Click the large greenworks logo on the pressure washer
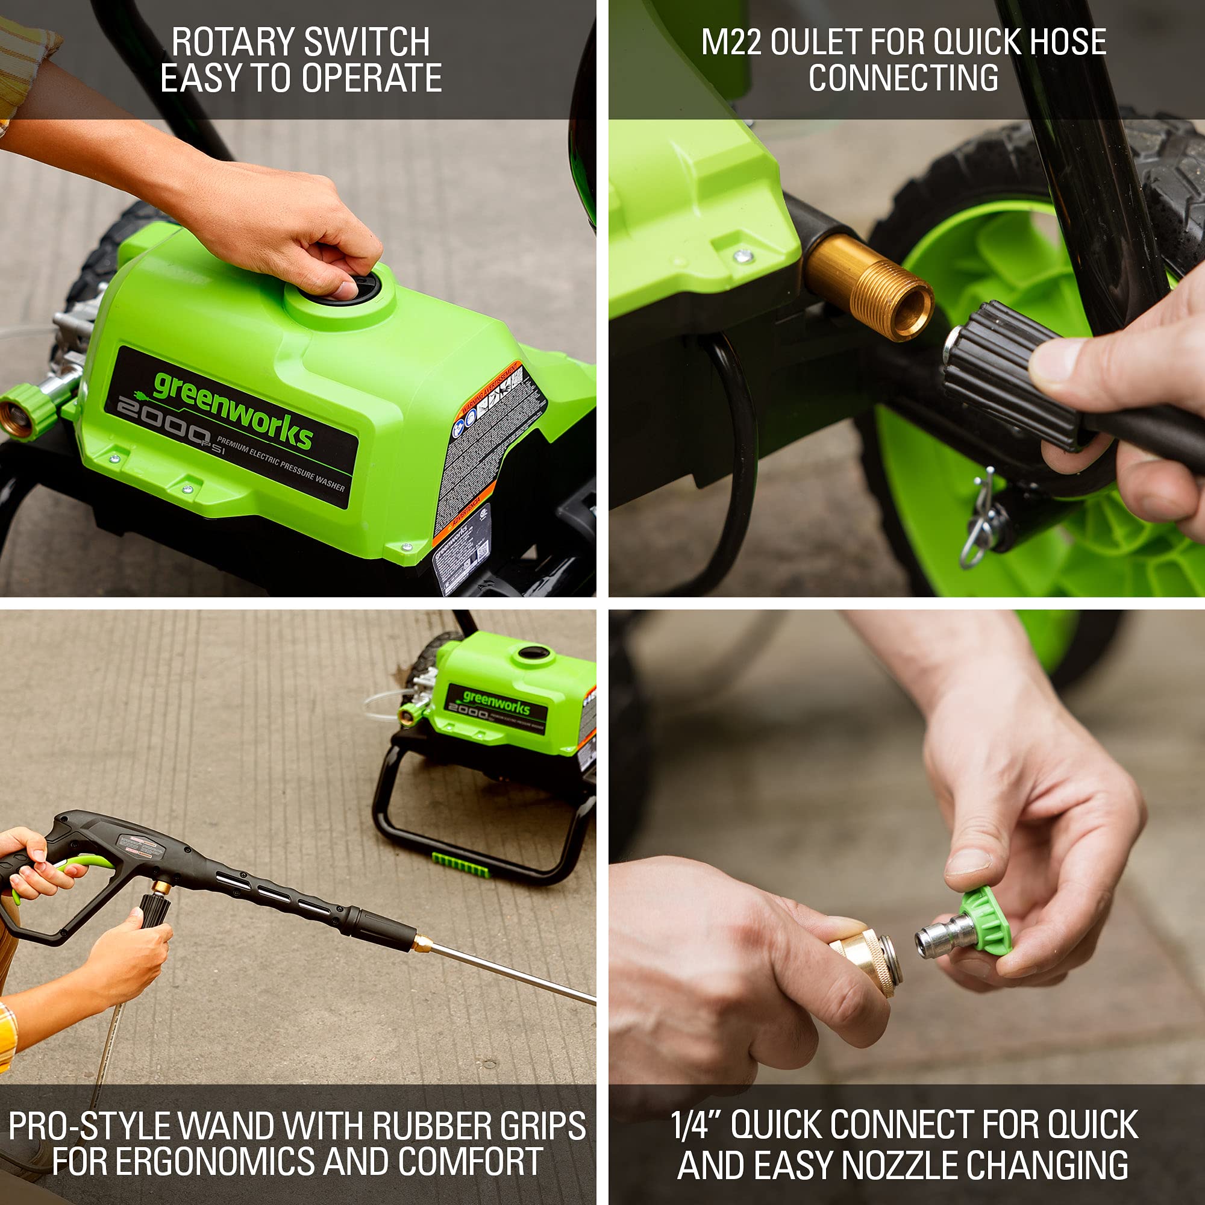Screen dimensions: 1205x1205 (232, 408)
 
